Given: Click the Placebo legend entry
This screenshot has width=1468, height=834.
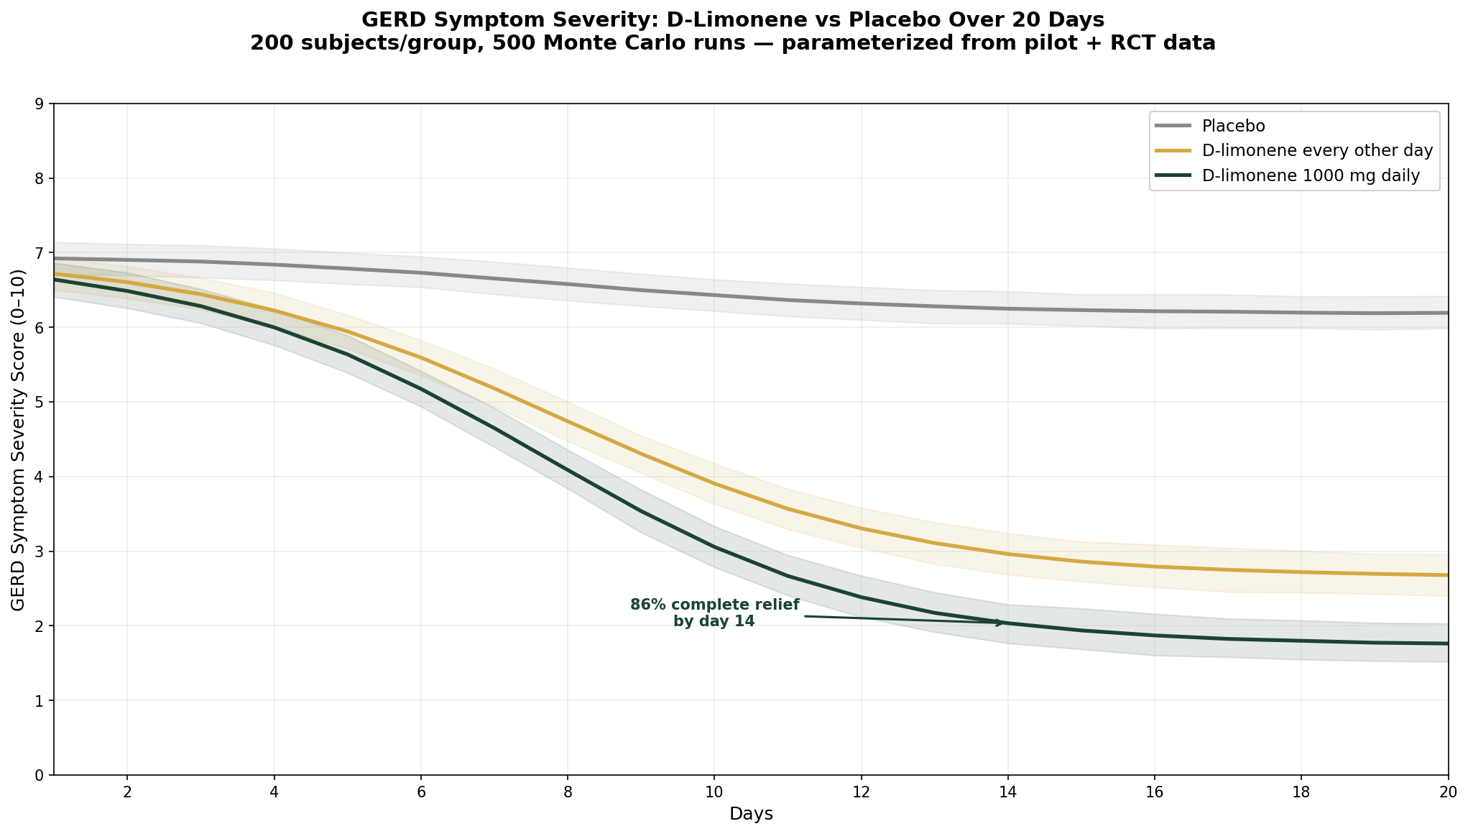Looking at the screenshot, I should click(x=1233, y=126).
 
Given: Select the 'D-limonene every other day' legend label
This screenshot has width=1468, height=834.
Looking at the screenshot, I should click(x=1317, y=151).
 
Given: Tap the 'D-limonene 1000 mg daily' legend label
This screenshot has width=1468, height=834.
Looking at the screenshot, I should click(x=1311, y=176).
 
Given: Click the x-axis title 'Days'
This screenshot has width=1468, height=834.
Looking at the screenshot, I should click(x=751, y=815).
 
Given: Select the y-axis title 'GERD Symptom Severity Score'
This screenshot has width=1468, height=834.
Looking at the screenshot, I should click(x=19, y=439).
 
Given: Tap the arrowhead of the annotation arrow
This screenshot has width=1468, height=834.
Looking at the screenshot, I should click(x=1002, y=622).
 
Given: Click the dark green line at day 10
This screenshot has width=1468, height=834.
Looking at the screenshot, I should click(x=714, y=547).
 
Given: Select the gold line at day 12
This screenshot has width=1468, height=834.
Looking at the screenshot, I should click(x=861, y=528).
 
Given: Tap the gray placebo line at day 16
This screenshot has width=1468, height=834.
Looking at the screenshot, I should click(x=1154, y=311).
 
